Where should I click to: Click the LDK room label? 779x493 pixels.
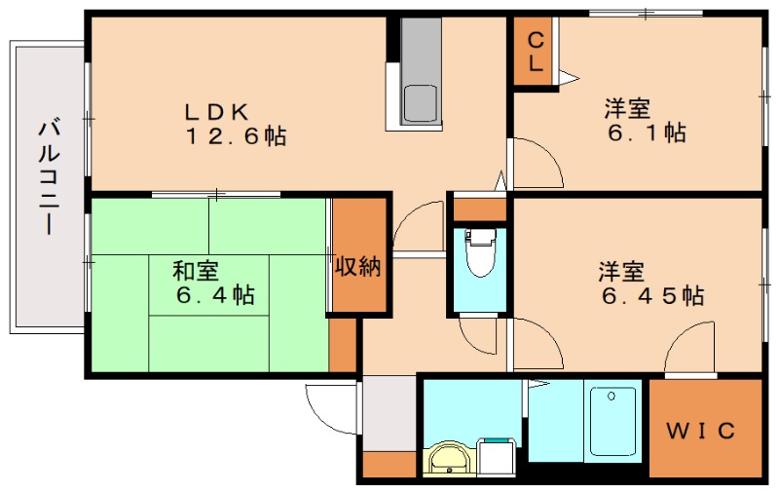pyautogui.click(x=220, y=109)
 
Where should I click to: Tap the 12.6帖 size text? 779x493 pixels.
pyautogui.click(x=237, y=137)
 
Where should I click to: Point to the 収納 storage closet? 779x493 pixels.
pyautogui.click(x=357, y=266)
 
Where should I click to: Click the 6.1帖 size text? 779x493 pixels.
pyautogui.click(x=646, y=133)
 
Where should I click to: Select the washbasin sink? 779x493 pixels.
pyautogui.click(x=451, y=458)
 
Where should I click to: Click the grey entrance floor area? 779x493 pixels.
pyautogui.click(x=388, y=413)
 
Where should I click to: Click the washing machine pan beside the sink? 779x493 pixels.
pyautogui.click(x=498, y=458)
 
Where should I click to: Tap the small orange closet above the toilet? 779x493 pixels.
pyautogui.click(x=480, y=209)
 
